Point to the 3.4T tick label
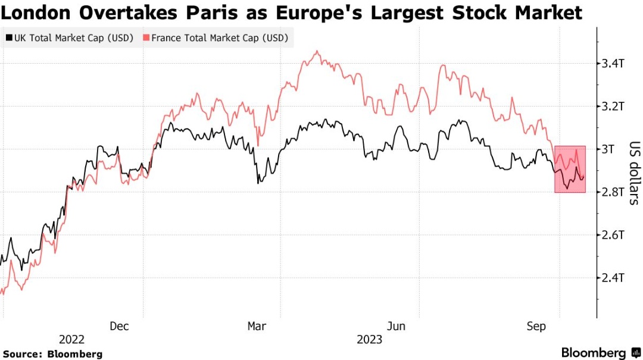[613, 63]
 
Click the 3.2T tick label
[613, 107]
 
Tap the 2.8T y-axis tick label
[613, 192]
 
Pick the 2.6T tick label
[613, 235]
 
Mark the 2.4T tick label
[613, 278]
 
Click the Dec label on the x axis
[119, 326]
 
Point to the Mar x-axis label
[257, 326]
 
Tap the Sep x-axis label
[536, 326]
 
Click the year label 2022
[72, 340]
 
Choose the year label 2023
[369, 340]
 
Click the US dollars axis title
[633, 173]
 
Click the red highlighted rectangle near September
[570, 169]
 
